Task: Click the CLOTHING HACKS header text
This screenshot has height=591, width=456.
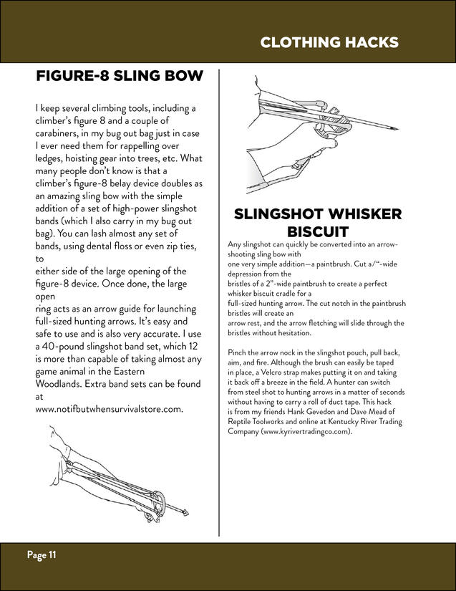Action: point(329,42)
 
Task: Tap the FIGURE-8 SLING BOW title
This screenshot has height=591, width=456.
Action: point(120,76)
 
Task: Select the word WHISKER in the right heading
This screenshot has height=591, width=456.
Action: point(364,214)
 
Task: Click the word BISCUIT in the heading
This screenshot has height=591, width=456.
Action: point(317,231)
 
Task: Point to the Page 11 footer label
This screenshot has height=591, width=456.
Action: point(42,554)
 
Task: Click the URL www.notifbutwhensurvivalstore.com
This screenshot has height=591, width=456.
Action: point(110,409)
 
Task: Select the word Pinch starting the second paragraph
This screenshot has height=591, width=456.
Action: point(238,354)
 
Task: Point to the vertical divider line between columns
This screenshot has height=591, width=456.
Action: point(219,301)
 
